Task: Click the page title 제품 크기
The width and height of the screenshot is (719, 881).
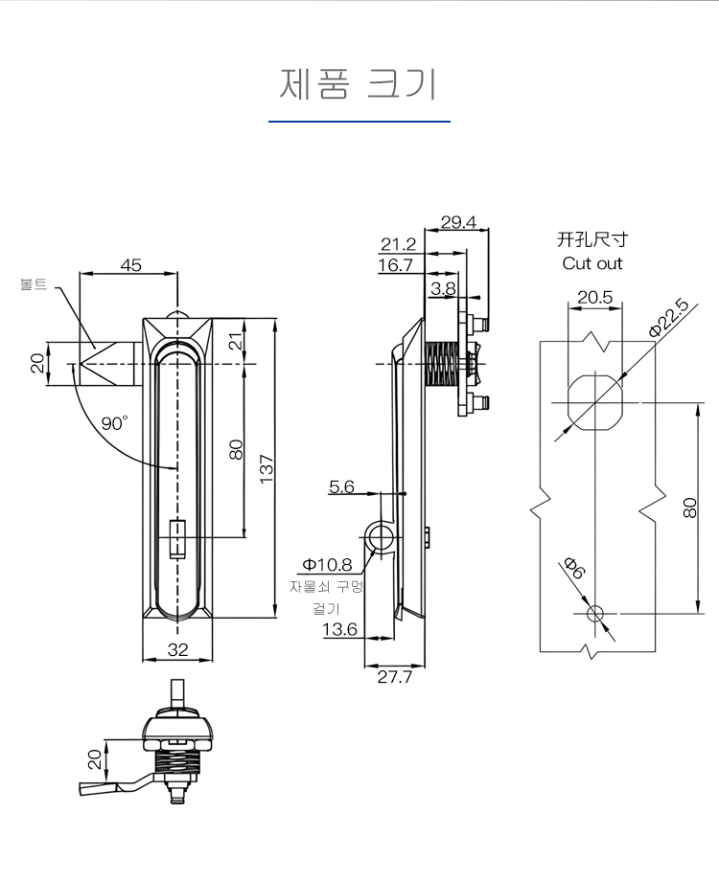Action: point(359,84)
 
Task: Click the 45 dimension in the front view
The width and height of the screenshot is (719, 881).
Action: point(130,265)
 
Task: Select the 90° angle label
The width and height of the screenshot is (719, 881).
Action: point(115,422)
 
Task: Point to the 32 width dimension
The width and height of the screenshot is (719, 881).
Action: point(177,649)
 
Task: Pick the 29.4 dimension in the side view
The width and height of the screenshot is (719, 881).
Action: point(458,222)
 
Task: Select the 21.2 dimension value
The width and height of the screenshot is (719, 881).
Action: point(398,244)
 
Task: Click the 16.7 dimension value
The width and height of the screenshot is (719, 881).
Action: point(395,265)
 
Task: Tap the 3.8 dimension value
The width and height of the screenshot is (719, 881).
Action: point(443,287)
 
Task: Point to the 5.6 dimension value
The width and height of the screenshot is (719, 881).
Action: point(341,486)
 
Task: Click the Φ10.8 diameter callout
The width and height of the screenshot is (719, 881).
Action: point(328,565)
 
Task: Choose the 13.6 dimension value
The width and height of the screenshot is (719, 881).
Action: point(339,629)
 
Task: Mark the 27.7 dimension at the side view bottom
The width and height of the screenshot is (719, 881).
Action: point(394,677)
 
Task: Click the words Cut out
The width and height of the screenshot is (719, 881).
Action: point(592,263)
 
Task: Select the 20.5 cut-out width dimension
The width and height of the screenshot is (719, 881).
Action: point(595,297)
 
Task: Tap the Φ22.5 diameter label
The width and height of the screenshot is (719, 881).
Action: point(667,317)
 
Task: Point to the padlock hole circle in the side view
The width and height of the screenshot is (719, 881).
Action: point(380,538)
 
